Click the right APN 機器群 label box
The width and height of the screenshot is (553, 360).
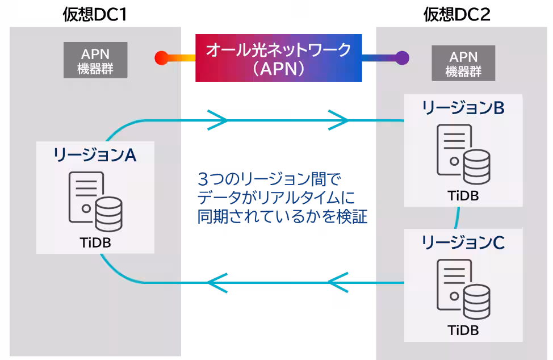[x=463, y=64]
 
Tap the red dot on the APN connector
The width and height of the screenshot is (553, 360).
[x=161, y=57]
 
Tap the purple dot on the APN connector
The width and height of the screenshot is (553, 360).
[x=402, y=57]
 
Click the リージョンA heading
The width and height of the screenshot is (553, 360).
[x=95, y=155]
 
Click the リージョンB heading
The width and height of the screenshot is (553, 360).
[x=463, y=108]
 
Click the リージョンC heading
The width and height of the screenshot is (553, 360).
[x=463, y=243]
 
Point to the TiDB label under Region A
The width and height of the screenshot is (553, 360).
[x=95, y=242]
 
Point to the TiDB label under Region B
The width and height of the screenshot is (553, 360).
[x=463, y=196]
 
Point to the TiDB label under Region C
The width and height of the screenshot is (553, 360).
[x=463, y=330]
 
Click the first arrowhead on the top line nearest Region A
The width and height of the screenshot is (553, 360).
[x=219, y=120]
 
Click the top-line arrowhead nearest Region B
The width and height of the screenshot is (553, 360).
[x=339, y=120]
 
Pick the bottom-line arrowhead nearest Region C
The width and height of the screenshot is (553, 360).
[x=339, y=282]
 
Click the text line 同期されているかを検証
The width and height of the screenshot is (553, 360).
[x=282, y=217]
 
